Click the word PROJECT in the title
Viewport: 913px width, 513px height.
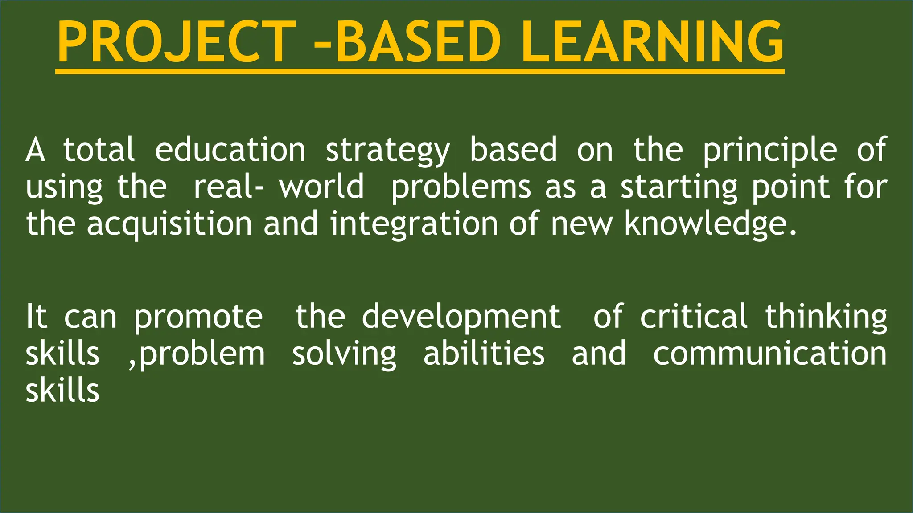point(176,42)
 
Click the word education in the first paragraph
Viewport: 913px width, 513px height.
point(230,150)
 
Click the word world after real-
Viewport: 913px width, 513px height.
point(321,187)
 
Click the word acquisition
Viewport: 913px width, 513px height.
point(169,224)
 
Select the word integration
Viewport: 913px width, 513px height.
point(414,224)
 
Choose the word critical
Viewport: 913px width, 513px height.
point(694,317)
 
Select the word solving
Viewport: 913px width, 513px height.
point(344,355)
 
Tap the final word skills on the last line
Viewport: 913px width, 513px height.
point(62,391)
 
